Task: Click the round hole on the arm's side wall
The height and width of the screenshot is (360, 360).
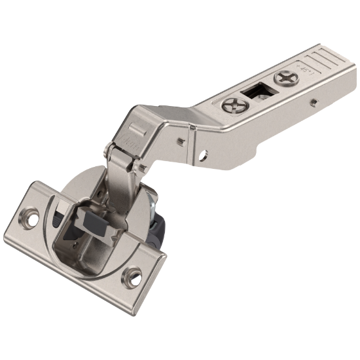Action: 203,155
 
